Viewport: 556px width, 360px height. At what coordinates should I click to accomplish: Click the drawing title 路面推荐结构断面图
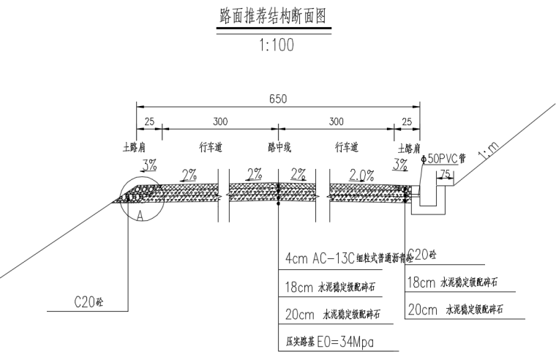(276, 15)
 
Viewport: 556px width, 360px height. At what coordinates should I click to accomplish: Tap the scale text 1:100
(276, 45)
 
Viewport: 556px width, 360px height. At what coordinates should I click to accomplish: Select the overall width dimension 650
(277, 99)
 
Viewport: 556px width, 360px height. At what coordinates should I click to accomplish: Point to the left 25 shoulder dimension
(149, 121)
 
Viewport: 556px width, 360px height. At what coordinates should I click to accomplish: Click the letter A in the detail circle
(139, 216)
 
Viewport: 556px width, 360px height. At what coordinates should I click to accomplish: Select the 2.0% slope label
(361, 176)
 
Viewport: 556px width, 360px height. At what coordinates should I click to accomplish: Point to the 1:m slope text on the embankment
(487, 152)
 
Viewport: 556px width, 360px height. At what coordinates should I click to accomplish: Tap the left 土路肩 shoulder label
(136, 147)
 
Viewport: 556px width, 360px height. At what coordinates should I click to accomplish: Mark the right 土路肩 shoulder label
(407, 147)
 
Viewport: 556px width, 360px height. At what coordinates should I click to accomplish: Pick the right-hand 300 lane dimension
(336, 121)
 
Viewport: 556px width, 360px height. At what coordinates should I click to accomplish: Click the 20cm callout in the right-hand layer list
(454, 310)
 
